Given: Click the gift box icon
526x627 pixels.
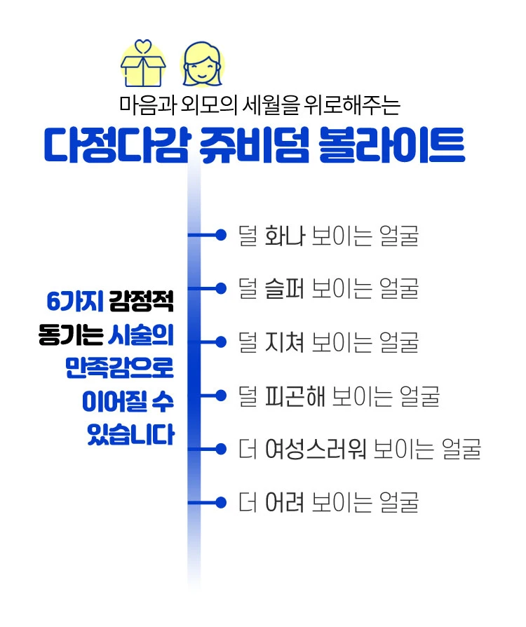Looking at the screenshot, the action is (x=143, y=64).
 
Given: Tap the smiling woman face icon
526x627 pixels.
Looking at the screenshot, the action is (x=203, y=65).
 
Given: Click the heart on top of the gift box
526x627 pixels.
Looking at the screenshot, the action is (x=143, y=46).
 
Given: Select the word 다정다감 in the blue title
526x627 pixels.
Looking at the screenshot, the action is (x=116, y=145).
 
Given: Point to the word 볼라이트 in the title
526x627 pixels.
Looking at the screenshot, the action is (x=392, y=145).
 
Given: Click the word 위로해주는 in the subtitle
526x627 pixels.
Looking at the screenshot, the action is (x=352, y=106).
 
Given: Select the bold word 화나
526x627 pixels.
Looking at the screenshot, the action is (x=285, y=236).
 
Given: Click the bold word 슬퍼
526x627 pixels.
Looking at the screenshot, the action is (x=285, y=289).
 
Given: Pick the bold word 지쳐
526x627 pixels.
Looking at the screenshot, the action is (x=285, y=342).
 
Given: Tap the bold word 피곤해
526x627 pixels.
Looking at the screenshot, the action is (x=295, y=396).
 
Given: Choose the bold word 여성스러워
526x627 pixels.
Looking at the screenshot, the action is (x=316, y=450).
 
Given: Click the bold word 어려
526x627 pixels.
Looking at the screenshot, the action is (x=285, y=503).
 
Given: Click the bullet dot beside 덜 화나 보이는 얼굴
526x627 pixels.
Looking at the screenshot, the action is (x=221, y=235).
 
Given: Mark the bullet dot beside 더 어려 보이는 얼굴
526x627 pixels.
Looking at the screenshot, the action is (x=221, y=502).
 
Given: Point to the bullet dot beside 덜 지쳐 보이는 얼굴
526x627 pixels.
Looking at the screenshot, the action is (x=221, y=342).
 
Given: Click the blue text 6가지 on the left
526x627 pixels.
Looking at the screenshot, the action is (x=75, y=301).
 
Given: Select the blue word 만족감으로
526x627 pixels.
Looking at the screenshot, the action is (x=120, y=368).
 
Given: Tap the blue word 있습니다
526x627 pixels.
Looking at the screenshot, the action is (x=131, y=434).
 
